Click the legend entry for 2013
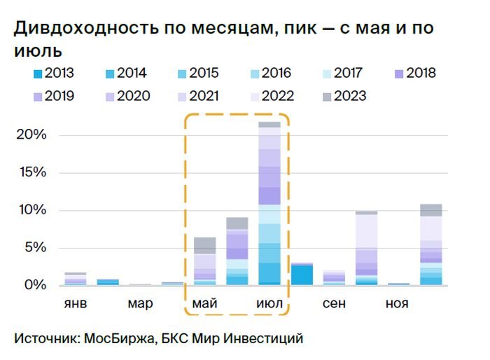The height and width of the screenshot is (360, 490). pyautogui.click(x=53, y=74)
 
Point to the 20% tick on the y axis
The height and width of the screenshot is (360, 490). pyautogui.click(x=31, y=135)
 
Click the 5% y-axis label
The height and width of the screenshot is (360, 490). pyautogui.click(x=34, y=248)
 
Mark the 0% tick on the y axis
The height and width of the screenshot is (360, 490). pyautogui.click(x=34, y=286)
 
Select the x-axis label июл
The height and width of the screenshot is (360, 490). pyautogui.click(x=269, y=305)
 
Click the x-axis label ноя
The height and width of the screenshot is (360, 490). pyautogui.click(x=398, y=305)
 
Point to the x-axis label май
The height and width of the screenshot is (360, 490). pyautogui.click(x=204, y=305)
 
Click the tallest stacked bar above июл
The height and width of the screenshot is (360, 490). pyautogui.click(x=269, y=203)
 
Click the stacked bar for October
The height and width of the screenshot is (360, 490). pyautogui.click(x=366, y=249)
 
